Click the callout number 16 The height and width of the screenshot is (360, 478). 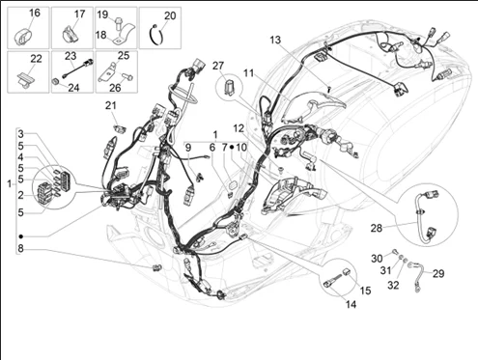[35, 13]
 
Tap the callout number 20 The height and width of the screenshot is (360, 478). [170, 15]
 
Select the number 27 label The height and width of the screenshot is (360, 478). [218, 66]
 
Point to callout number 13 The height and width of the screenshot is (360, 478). [275, 40]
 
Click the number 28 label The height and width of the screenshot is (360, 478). [377, 228]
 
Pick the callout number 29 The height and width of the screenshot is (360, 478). [438, 273]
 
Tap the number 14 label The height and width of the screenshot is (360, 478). [351, 304]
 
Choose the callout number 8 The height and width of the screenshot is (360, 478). [20, 248]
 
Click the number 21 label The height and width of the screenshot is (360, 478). [111, 105]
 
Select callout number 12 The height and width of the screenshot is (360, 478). [239, 128]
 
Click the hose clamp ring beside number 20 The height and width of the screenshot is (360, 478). [156, 35]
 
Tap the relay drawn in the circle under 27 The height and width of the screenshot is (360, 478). [230, 86]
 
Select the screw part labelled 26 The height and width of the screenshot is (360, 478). [128, 76]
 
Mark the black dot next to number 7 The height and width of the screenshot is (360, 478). [232, 147]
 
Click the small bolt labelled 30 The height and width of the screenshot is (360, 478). [394, 252]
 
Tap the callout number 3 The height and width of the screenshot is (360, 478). [20, 134]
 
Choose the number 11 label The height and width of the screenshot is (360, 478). [248, 73]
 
